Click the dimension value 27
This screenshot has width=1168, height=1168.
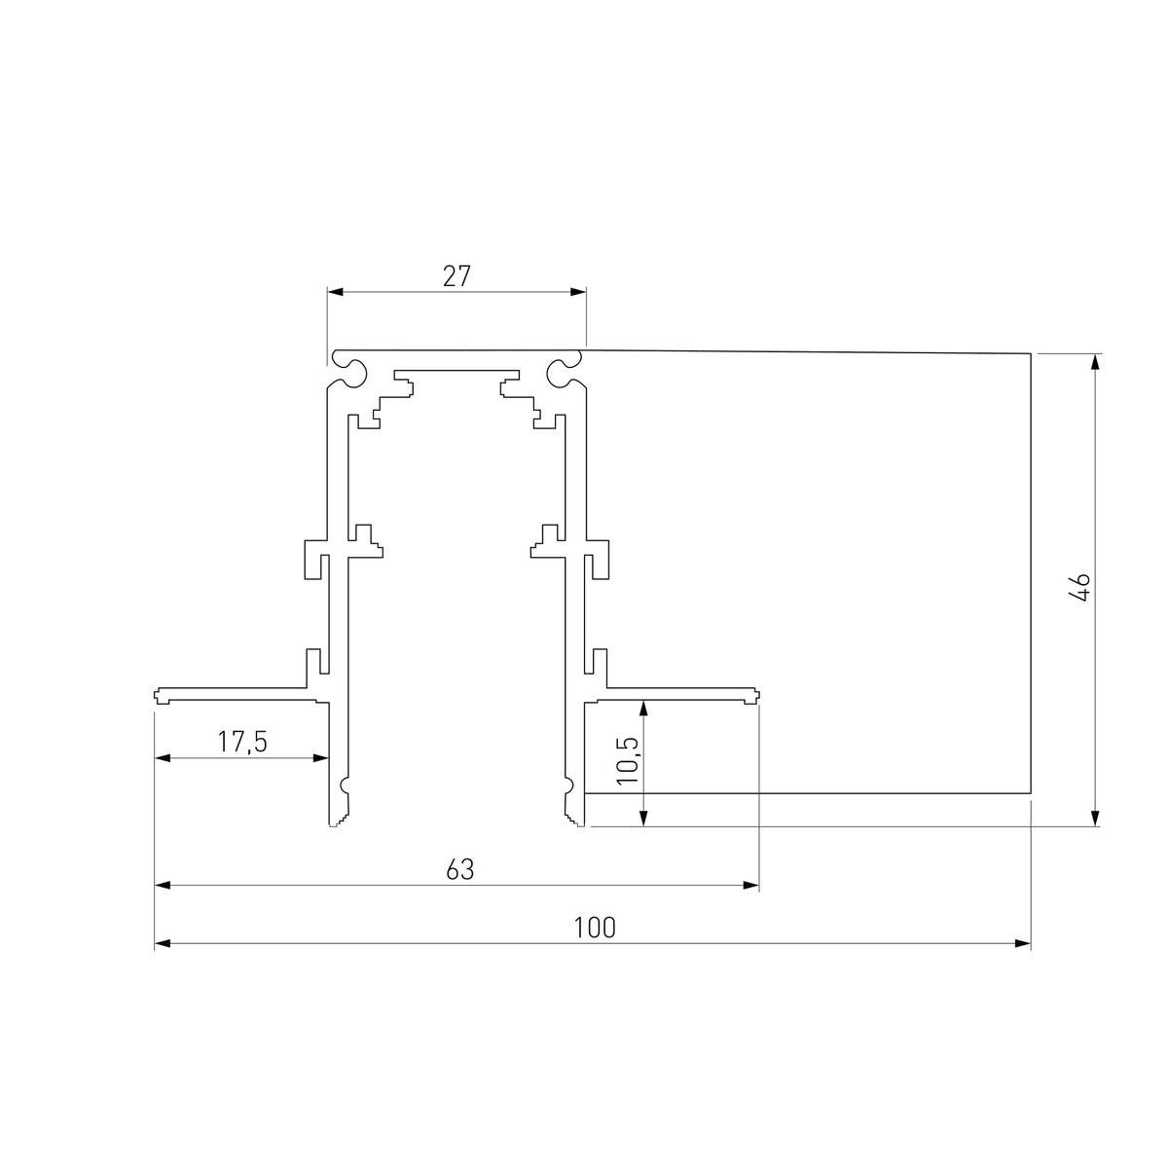point(456,276)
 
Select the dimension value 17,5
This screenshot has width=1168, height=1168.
point(241,743)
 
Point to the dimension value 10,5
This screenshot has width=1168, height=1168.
point(628,760)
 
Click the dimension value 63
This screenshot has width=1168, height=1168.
point(459,869)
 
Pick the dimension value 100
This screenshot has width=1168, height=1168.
point(594,928)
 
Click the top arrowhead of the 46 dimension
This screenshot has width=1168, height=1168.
point(1097,361)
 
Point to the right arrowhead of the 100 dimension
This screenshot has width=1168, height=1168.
point(1023,943)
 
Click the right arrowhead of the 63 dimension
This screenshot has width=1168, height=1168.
point(751,885)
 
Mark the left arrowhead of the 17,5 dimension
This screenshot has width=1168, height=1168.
point(163,758)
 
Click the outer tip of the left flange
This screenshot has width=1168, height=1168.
point(157,695)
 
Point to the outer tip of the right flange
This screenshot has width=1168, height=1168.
point(756,695)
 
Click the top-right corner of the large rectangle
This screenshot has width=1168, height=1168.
point(1030,353)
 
